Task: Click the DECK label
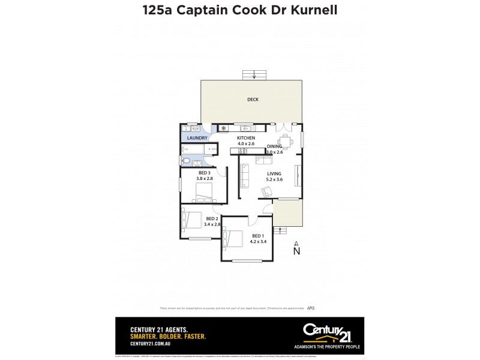253,100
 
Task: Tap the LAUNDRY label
197,138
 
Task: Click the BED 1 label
258,236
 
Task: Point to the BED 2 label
212,219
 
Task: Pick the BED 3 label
205,173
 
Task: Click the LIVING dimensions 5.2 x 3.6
274,179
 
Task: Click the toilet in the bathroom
187,161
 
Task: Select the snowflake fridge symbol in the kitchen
223,128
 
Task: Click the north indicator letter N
296,252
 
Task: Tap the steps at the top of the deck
254,74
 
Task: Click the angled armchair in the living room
265,191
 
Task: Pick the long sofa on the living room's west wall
245,175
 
